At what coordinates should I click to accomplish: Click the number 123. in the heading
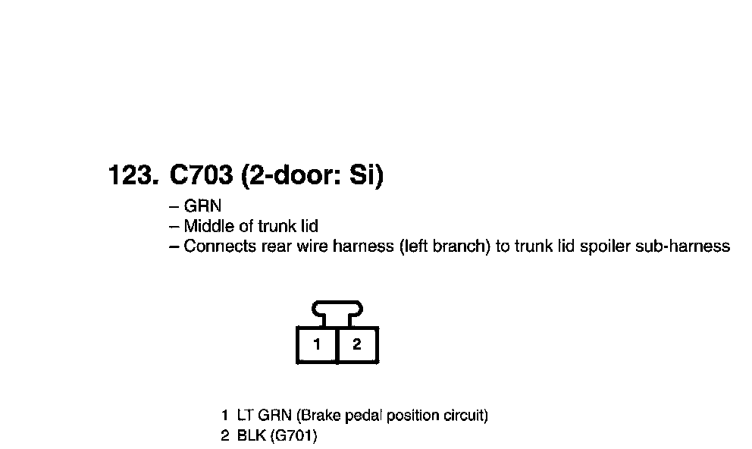point(133,176)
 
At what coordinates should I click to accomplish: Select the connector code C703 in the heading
point(200,176)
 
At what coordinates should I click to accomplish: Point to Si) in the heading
point(365,176)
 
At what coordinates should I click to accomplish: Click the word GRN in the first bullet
point(202,206)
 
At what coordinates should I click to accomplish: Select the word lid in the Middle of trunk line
point(307,226)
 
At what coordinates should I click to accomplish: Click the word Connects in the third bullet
point(220,246)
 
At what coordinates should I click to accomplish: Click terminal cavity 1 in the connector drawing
point(317,345)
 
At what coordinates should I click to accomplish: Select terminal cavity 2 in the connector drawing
point(357,345)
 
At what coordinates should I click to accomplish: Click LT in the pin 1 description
point(245,416)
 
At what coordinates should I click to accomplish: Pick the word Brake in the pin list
point(317,416)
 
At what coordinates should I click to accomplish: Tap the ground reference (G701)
point(293,436)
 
